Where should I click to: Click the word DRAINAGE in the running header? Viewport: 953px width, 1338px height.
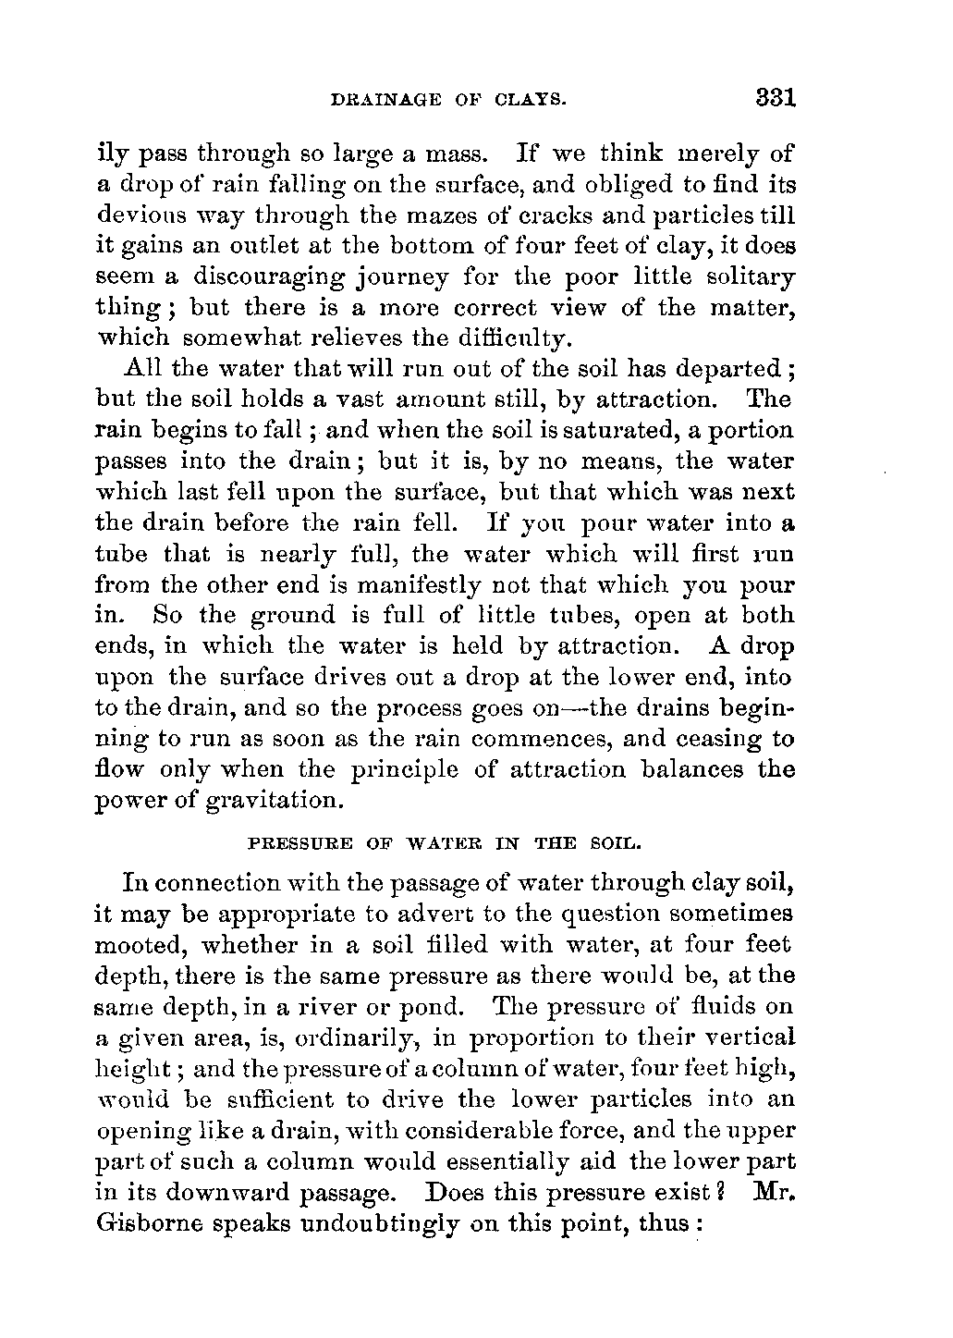pos(366,99)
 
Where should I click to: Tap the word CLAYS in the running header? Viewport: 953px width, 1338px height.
pos(527,99)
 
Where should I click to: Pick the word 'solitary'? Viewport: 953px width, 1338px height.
pos(750,276)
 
